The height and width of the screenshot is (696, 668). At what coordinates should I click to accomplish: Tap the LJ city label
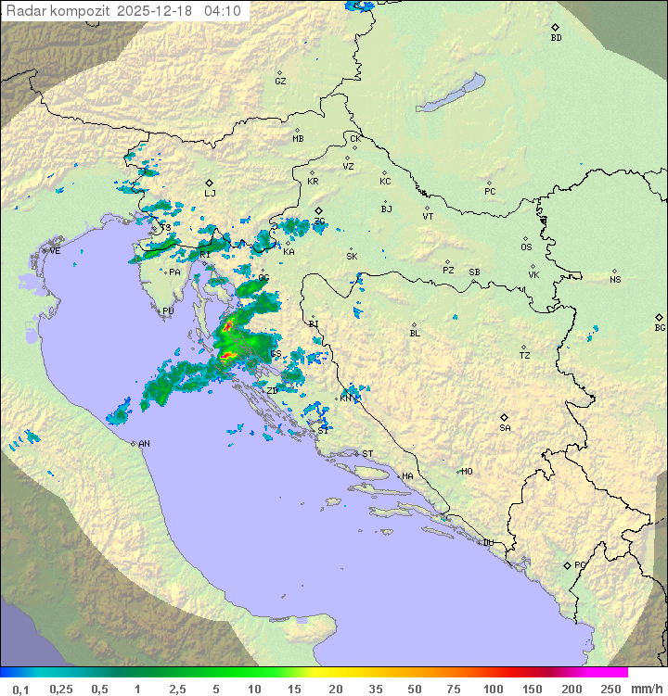pyautogui.click(x=210, y=194)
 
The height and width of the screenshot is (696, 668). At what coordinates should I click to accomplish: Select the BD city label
pyautogui.click(x=556, y=38)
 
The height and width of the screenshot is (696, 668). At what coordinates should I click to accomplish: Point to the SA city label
pyautogui.click(x=505, y=428)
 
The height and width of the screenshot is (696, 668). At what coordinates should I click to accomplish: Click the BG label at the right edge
pyautogui.click(x=660, y=327)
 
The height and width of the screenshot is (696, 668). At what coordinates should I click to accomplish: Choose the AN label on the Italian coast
pyautogui.click(x=144, y=444)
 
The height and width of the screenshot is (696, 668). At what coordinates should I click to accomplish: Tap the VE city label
pyautogui.click(x=55, y=251)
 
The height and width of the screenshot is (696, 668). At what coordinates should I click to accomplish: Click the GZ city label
pyautogui.click(x=280, y=82)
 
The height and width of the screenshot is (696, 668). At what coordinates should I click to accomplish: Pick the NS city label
pyautogui.click(x=615, y=280)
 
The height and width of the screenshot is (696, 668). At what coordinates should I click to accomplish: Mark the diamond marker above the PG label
pyautogui.click(x=568, y=564)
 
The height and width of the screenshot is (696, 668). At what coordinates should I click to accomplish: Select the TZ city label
pyautogui.click(x=525, y=356)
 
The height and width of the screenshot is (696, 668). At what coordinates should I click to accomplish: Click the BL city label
pyautogui.click(x=415, y=334)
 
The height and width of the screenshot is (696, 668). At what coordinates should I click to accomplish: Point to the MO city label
pyautogui.click(x=467, y=472)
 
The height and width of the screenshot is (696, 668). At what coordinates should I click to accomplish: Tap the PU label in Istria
pyautogui.click(x=168, y=312)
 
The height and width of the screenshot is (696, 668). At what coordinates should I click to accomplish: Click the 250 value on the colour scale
pyautogui.click(x=610, y=689)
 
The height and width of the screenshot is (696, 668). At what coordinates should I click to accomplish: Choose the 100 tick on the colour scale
pyautogui.click(x=494, y=689)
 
